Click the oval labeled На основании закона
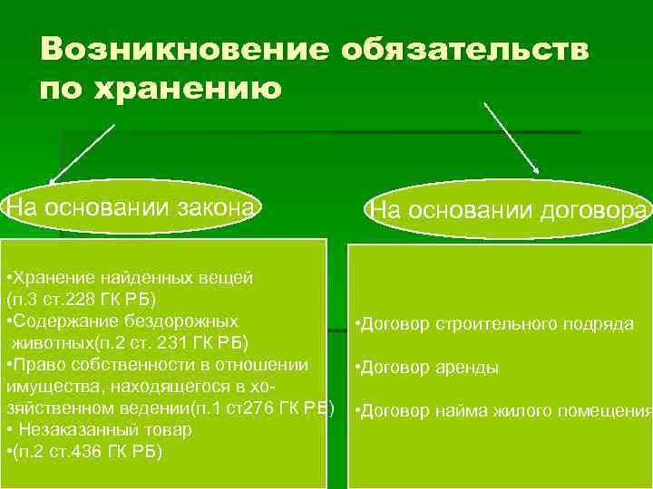point(132,207)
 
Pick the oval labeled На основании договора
point(510,211)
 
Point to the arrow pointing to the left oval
point(83,154)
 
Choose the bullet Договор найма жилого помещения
point(504,411)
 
